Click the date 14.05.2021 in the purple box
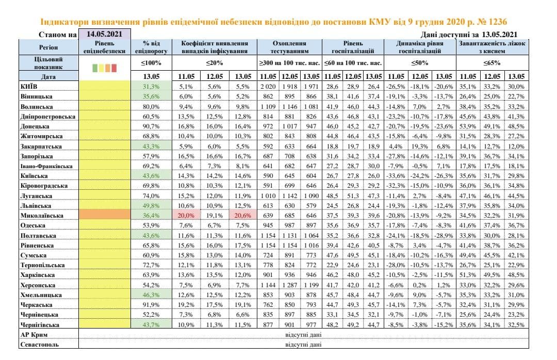(104, 34)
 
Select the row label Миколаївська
(42, 216)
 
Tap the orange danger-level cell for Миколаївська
(104, 215)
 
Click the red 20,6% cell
(243, 216)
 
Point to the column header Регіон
(48, 47)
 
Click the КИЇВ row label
(29, 86)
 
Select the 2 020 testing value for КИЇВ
(268, 86)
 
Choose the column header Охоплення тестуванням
(289, 47)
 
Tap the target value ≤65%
(492, 63)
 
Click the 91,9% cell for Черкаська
(151, 305)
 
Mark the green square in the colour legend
(95, 68)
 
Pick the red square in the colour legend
(114, 68)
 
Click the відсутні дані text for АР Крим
(303, 334)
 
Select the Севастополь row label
(39, 345)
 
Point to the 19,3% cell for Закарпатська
(419, 146)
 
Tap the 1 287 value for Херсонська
(289, 285)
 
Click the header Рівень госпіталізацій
(353, 47)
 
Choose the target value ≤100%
(151, 63)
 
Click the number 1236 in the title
(498, 22)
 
